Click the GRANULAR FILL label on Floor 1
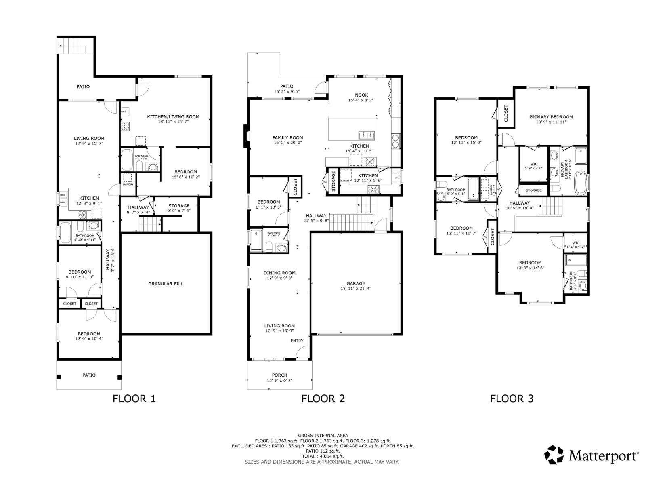166,284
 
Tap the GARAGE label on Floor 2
356,283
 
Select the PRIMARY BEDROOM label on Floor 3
551,117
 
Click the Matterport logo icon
554,455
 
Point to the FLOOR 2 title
323,399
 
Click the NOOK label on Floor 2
361,95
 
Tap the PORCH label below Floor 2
279,375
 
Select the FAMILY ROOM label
287,138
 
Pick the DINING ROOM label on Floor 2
279,273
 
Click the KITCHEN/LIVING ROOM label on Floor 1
173,117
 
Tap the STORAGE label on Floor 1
179,206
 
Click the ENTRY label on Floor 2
297,341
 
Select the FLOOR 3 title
512,399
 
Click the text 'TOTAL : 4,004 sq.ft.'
323,456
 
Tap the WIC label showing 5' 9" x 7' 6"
534,164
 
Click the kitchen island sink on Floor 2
367,135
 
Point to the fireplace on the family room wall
245,136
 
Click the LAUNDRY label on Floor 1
128,185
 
